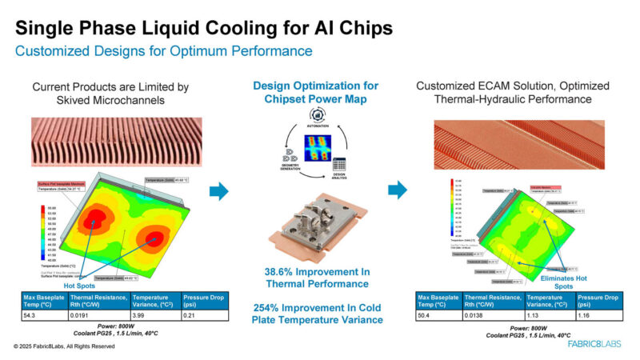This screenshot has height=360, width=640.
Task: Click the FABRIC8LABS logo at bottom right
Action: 590,344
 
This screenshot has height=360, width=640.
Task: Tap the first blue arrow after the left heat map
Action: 218,191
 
